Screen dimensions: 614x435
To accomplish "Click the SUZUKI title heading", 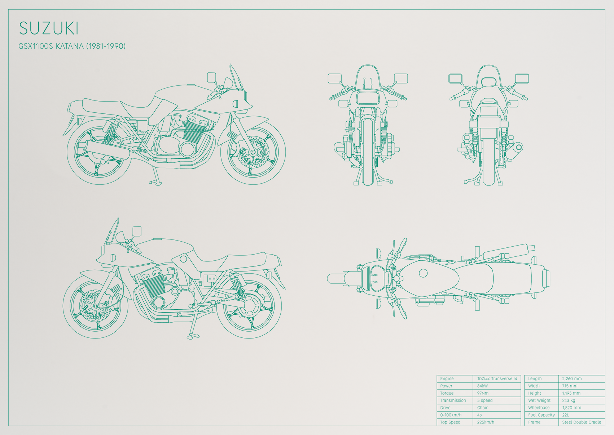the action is click(x=49, y=28).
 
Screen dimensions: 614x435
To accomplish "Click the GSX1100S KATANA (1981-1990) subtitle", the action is click(x=72, y=46).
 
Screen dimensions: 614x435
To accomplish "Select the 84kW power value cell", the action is click(x=482, y=386).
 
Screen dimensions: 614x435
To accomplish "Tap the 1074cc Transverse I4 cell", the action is click(x=497, y=378).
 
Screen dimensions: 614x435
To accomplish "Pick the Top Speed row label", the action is click(x=450, y=422).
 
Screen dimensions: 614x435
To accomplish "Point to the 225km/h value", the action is click(x=486, y=422).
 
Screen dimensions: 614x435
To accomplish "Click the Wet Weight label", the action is click(x=539, y=400).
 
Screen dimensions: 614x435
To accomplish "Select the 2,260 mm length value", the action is click(x=572, y=378).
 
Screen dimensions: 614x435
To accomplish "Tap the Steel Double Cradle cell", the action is click(x=582, y=422).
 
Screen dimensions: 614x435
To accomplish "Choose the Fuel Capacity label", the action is click(x=541, y=415).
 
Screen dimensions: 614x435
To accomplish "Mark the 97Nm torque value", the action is click(x=483, y=393).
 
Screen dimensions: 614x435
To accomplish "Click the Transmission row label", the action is click(x=453, y=400).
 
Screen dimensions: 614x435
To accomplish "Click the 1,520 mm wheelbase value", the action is click(x=571, y=408).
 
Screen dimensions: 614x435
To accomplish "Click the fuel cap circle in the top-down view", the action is click(x=423, y=273).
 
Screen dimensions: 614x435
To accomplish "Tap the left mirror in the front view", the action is click(x=335, y=78).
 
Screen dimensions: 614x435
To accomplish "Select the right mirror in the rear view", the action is click(x=522, y=78).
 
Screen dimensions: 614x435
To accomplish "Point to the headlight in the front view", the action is click(x=368, y=98).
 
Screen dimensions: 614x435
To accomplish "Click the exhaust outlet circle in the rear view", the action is click(x=519, y=148).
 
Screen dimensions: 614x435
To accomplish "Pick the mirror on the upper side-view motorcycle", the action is click(x=211, y=77).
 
